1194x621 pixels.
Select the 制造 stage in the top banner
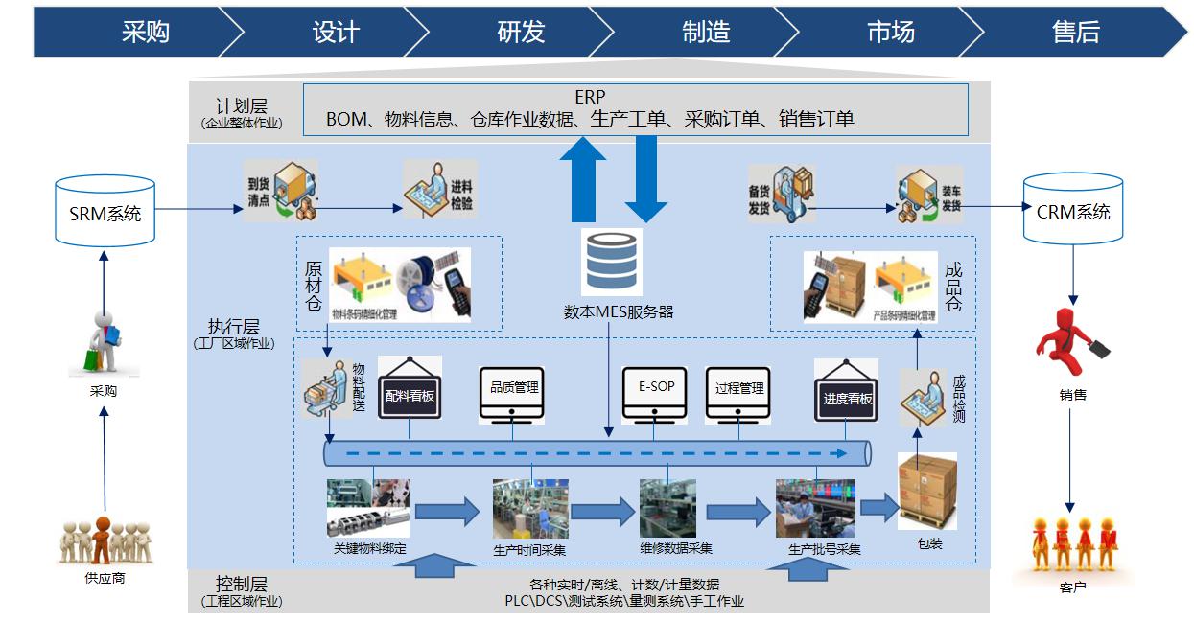706,32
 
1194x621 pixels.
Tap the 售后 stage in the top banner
1075,32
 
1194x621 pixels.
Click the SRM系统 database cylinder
105,210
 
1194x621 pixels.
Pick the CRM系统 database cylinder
1073,208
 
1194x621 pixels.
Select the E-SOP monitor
656,392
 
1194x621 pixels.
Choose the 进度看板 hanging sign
847,394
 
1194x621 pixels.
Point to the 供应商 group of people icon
104,541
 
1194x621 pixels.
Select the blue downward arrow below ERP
645,178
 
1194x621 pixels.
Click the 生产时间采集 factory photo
529,509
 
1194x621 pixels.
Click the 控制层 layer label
242,584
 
